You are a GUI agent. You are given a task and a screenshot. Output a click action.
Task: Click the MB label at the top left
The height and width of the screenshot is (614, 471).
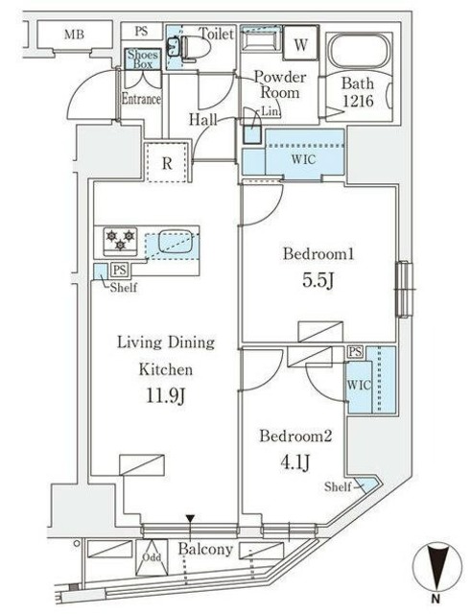[x=74, y=35]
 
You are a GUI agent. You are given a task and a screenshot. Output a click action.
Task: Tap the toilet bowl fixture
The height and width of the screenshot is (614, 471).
[x=196, y=48]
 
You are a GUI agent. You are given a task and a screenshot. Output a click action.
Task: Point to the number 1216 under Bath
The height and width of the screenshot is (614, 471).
[x=358, y=102]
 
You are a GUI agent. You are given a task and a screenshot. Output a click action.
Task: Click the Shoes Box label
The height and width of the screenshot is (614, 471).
[x=143, y=59]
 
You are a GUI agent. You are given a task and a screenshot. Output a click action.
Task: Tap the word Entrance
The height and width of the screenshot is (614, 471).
[x=141, y=98]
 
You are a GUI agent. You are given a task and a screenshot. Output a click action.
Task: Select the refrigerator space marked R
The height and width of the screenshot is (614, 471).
[x=167, y=162]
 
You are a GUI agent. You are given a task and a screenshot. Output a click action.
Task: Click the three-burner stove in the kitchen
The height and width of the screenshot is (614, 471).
[x=120, y=240]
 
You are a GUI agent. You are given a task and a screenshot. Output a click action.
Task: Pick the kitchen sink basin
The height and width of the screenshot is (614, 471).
[x=176, y=243]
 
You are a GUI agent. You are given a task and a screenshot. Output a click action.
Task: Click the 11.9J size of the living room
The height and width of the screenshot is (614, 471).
[x=165, y=396]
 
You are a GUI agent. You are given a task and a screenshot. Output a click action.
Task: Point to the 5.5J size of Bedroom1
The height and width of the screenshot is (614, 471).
[x=318, y=280]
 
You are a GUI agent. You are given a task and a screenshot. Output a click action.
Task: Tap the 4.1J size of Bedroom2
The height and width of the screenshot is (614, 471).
[x=294, y=462]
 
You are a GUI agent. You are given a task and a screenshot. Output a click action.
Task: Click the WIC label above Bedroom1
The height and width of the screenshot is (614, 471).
[x=303, y=159]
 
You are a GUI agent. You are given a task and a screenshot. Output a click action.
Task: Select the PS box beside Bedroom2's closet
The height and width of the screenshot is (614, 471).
[x=355, y=352]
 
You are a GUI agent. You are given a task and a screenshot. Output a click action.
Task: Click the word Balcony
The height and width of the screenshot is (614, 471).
[x=205, y=549]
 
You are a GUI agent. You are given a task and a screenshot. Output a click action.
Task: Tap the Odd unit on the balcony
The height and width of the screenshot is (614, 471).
[x=152, y=557]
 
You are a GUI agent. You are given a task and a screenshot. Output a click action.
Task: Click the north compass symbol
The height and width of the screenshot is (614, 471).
[x=436, y=567]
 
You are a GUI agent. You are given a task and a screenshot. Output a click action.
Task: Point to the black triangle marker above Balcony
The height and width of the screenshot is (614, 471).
[x=190, y=519]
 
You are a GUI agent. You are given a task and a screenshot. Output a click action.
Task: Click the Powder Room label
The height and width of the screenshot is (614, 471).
[x=280, y=84]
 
